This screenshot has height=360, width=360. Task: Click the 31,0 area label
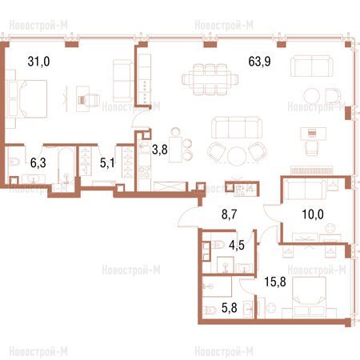pos(38,62)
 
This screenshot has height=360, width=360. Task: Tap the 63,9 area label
pos(259,62)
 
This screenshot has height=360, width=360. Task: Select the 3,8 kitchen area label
pos(160,150)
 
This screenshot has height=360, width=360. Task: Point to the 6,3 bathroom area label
pos(38,162)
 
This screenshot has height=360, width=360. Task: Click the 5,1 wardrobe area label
pos(107,162)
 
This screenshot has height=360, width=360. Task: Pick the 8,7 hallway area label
pos(230,214)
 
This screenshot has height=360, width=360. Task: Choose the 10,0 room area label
pos(313,214)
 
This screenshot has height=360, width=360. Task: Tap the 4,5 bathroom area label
pos(237,245)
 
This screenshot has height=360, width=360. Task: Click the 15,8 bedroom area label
pos(275,282)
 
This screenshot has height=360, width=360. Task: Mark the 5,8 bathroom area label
pos(230,308)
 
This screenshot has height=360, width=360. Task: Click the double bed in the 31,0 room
pos(33,98)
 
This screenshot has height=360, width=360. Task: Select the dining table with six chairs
pos(210,79)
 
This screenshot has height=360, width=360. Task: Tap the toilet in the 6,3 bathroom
pos(14,162)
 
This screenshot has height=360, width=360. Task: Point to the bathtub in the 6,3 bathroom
pos(66,166)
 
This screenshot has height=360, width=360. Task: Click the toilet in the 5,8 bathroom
pos(210,310)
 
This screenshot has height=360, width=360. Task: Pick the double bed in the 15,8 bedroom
pos(310,296)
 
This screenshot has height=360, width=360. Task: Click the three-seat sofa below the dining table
pos(237,127)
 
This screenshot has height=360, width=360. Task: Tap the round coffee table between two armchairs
pos(237,156)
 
